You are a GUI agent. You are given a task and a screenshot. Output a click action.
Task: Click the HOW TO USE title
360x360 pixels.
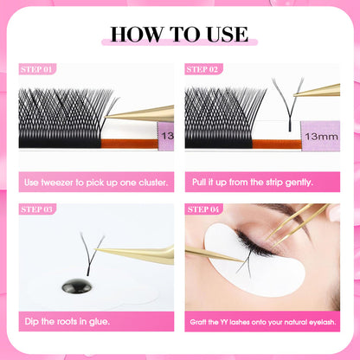click(179, 35)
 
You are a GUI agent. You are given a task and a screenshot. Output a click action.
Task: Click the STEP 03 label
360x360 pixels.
click(36, 209)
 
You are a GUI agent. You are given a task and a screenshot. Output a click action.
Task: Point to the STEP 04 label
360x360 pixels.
click(203, 209)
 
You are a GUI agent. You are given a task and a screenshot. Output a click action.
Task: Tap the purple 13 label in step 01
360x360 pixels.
click(165, 136)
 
